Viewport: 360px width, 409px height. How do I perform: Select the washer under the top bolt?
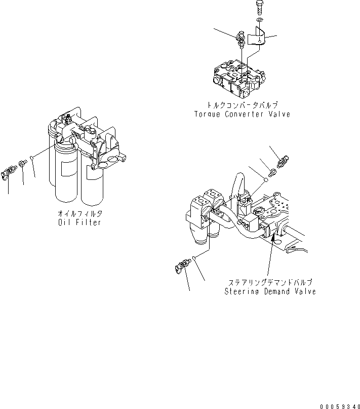click(x=259, y=20)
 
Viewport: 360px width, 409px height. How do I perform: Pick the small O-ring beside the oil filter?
click(x=32, y=159)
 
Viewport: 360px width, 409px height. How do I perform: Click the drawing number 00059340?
click(x=339, y=405)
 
